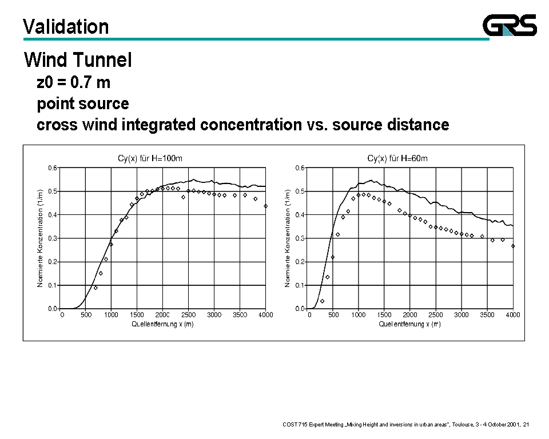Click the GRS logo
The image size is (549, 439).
click(x=510, y=25)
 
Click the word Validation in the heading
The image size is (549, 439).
click(x=66, y=27)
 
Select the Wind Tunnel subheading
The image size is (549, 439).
click(x=78, y=59)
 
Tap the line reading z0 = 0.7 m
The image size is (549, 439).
click(x=73, y=82)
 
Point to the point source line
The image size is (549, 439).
click(x=83, y=103)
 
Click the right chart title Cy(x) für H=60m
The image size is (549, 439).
click(x=397, y=158)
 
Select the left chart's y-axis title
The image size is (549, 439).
click(x=40, y=238)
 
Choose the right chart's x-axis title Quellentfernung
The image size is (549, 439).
click(x=409, y=324)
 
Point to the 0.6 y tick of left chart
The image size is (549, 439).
click(x=53, y=168)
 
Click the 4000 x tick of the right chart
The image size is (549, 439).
click(x=512, y=315)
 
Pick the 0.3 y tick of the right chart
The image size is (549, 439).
click(x=300, y=238)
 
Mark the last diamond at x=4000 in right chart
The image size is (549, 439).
click(x=513, y=246)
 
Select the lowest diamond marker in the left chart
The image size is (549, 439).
click(x=96, y=288)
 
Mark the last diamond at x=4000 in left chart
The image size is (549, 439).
click(x=265, y=206)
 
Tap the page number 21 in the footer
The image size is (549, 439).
click(x=526, y=424)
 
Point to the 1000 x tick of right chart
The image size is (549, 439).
click(x=359, y=315)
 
